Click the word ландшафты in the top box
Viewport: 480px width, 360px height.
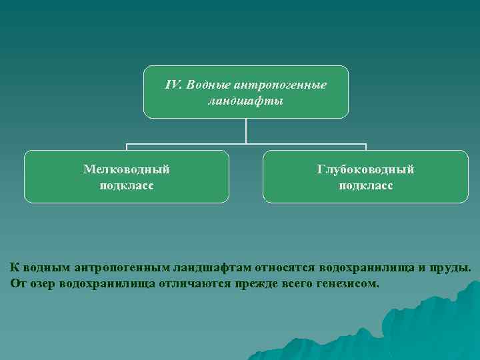[245, 101]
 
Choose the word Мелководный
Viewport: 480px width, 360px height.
[126, 169]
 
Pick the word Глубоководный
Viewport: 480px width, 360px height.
[365, 169]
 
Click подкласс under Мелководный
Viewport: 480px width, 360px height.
[126, 185]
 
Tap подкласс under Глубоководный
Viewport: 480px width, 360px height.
[365, 185]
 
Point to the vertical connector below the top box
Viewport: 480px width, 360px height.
[246, 131]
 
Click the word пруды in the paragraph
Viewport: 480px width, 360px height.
[452, 267]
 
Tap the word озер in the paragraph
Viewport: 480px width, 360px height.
[41, 283]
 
